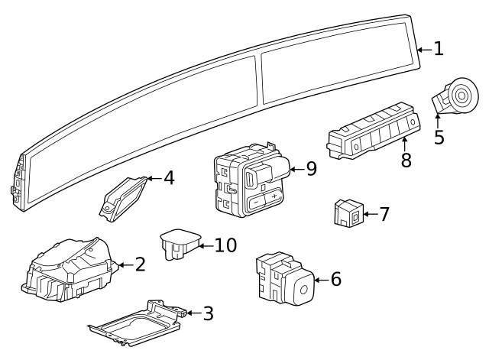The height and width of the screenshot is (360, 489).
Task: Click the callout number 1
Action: click(x=438, y=49)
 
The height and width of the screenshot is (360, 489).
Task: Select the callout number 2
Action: click(x=139, y=264)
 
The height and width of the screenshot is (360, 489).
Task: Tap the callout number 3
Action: click(x=208, y=313)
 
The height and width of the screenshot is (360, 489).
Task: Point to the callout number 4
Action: click(x=169, y=178)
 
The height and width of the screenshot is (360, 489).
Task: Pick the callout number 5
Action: click(x=439, y=138)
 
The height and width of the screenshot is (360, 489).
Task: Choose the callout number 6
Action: click(x=335, y=280)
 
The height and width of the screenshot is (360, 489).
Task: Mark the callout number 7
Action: click(x=384, y=214)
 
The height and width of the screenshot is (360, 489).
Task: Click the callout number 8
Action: click(x=406, y=161)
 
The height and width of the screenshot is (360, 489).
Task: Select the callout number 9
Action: click(x=311, y=169)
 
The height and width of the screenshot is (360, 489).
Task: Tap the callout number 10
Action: click(x=225, y=245)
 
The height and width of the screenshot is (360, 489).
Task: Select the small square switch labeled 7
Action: click(x=348, y=213)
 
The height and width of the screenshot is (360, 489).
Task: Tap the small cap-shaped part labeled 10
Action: click(x=177, y=242)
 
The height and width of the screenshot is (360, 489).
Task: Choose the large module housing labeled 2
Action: click(x=70, y=269)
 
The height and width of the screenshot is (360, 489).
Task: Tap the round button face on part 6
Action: click(x=303, y=290)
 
